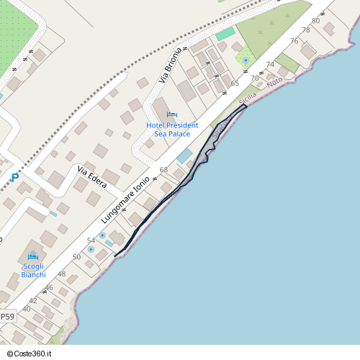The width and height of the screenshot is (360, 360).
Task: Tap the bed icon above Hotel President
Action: click(171, 114)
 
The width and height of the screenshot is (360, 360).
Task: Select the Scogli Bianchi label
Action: click(33, 271)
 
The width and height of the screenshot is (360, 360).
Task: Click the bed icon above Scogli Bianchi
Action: click(32, 256)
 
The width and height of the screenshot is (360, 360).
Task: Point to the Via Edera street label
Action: click(92, 177)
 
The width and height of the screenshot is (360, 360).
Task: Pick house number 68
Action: click(163, 170)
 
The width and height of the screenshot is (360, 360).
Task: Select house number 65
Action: click(235, 84)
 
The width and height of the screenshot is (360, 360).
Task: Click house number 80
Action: click(315, 21)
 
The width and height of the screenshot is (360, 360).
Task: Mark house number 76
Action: click(294, 41)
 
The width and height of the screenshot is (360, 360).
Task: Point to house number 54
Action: click(91, 240)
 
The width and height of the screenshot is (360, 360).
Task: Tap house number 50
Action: click(76, 256)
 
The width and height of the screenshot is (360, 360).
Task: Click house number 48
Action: click(62, 274)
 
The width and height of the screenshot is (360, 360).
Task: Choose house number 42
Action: click(32, 300)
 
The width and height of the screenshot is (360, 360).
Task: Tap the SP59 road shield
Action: click(6, 316)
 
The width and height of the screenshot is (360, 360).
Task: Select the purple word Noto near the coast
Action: click(274, 84)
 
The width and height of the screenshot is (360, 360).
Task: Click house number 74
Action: click(270, 65)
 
